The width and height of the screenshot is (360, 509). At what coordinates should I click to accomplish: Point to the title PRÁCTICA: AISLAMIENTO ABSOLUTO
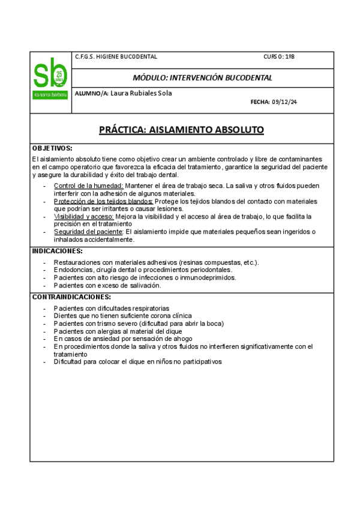(181, 130)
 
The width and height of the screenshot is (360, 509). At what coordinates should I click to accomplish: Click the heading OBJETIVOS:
(52, 148)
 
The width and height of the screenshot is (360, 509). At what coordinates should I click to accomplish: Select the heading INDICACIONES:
(57, 251)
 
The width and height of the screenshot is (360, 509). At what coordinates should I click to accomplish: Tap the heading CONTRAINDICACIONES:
(71, 297)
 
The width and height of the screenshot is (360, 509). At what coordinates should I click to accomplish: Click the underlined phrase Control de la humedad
(89, 186)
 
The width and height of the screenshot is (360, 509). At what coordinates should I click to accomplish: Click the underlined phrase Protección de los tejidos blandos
(104, 201)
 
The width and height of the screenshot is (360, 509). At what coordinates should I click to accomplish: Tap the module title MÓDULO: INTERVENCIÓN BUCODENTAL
(203, 78)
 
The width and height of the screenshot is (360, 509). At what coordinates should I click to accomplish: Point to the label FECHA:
(260, 103)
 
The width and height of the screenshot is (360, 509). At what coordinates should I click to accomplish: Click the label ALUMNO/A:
(92, 94)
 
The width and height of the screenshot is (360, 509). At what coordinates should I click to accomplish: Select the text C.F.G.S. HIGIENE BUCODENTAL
(116, 57)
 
